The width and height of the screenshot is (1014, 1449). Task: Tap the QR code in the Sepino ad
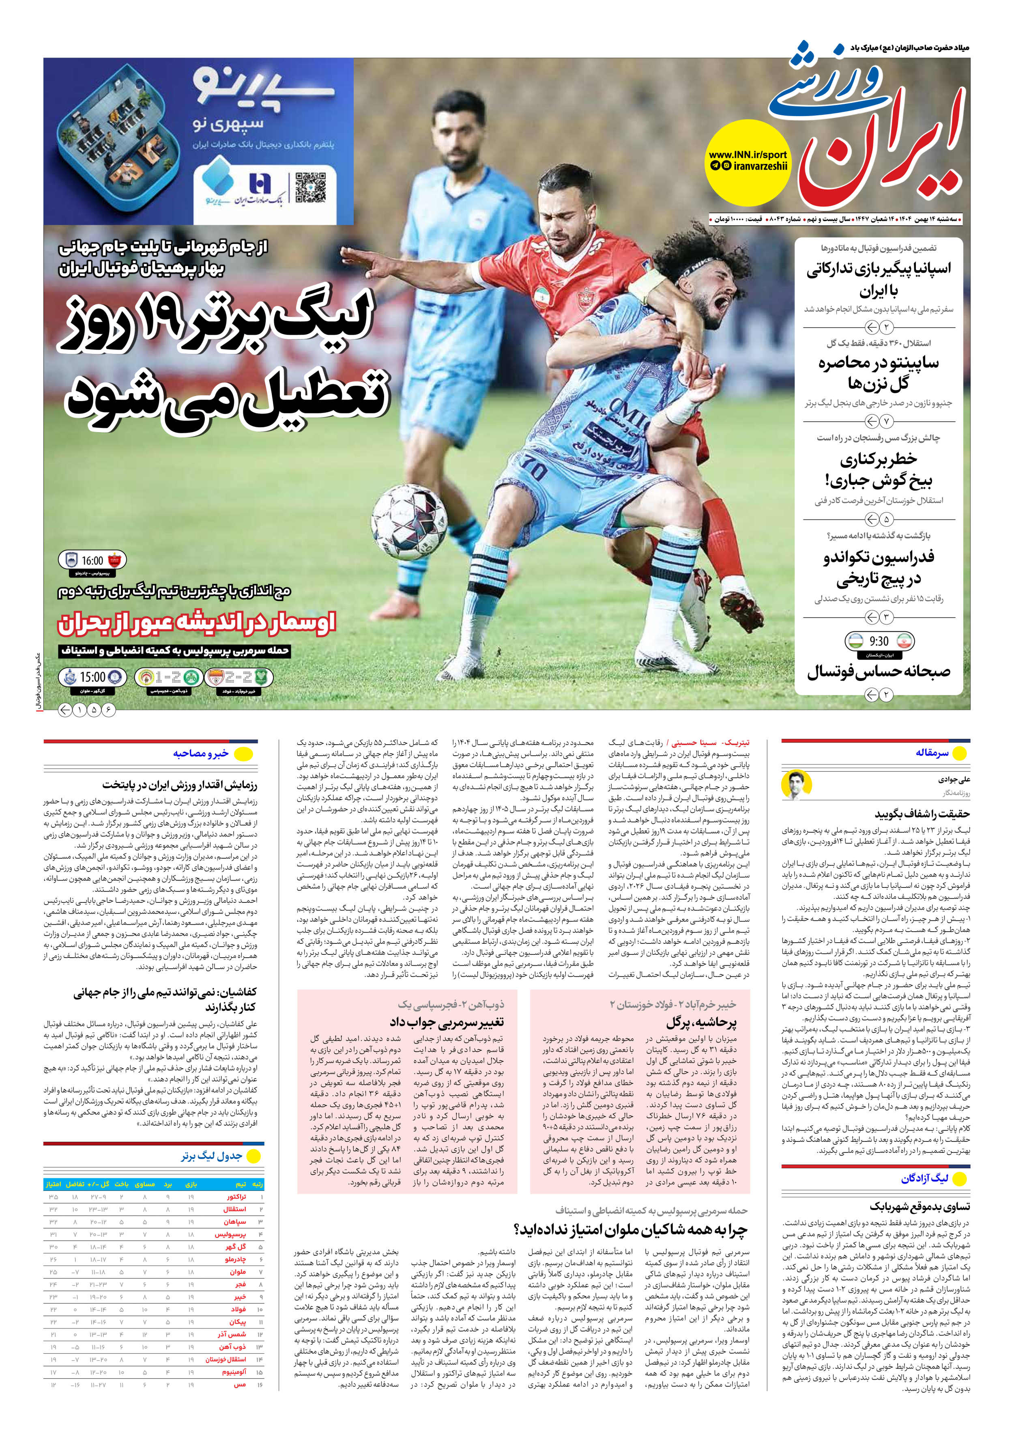click(310, 188)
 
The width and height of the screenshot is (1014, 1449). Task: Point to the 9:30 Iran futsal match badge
click(879, 641)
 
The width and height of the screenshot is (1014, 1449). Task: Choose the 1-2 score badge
click(167, 677)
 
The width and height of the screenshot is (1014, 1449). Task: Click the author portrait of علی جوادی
click(796, 784)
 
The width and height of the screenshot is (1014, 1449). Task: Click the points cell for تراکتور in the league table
click(53, 1197)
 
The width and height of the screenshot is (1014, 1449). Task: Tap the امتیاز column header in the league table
click(53, 1184)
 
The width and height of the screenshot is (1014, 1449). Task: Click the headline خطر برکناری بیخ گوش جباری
click(879, 470)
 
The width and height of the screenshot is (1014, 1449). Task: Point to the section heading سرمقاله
click(931, 753)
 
